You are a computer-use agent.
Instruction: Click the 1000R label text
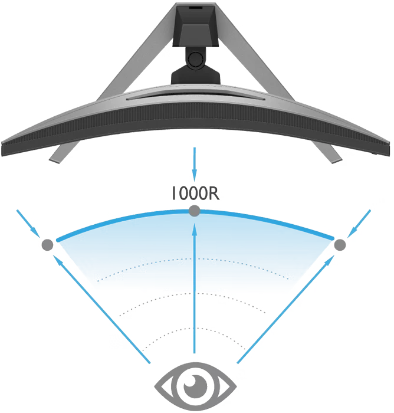click(195, 194)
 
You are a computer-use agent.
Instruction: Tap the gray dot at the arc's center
click(195, 211)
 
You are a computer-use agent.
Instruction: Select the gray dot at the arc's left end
click(47, 245)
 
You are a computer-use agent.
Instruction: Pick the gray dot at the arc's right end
click(340, 245)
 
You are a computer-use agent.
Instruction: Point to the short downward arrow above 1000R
click(195, 165)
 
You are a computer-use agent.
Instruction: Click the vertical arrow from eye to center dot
click(195, 289)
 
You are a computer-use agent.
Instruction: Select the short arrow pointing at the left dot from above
click(28, 224)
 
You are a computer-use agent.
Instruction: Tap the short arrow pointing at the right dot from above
click(359, 224)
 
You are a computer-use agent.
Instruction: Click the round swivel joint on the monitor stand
click(196, 59)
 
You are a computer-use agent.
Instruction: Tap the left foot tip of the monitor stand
click(54, 160)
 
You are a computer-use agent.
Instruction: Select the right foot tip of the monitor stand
click(337, 160)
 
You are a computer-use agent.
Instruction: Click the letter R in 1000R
click(214, 194)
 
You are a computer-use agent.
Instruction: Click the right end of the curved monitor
click(387, 148)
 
